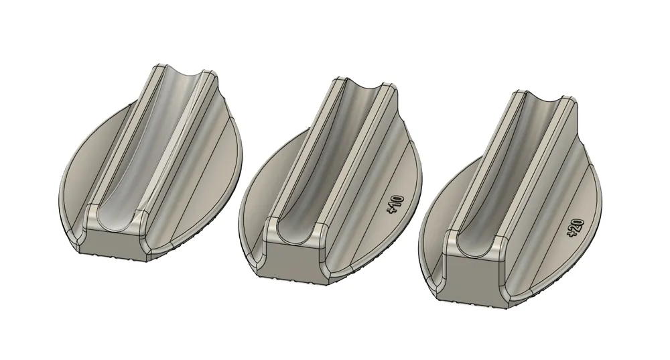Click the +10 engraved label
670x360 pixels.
[395, 204]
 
